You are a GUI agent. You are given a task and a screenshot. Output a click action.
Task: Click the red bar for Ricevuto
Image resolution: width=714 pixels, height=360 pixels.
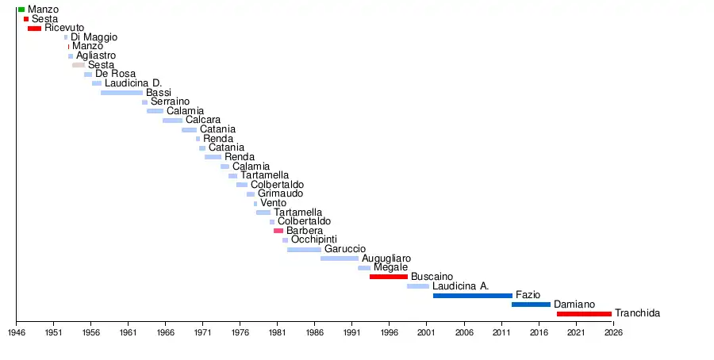tap(34, 29)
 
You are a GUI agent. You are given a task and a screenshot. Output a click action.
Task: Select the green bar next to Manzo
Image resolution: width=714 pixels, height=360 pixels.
tap(21, 10)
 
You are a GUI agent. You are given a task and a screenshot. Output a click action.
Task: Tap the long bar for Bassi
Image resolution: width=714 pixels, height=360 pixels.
tap(121, 93)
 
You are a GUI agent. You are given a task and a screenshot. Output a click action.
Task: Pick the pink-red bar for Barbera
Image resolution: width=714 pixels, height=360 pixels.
tap(278, 231)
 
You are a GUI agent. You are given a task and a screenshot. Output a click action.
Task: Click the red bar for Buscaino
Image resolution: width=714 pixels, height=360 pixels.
tap(389, 277)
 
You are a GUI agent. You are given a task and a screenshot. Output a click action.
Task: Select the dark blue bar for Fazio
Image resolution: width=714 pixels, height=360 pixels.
tap(473, 295)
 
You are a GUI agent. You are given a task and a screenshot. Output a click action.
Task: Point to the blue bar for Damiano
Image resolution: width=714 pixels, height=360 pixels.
tap(531, 304)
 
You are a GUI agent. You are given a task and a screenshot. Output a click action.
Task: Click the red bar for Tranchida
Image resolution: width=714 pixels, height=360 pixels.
tap(584, 314)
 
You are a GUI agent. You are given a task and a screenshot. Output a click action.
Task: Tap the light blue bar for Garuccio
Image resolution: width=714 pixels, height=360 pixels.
tap(304, 249)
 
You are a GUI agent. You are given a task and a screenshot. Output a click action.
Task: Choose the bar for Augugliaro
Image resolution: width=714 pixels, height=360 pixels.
tap(340, 259)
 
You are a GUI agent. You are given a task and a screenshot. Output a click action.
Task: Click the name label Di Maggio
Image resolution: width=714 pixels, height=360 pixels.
tap(94, 37)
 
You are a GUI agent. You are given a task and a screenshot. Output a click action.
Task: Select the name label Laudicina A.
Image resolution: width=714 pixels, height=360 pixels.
tap(460, 285)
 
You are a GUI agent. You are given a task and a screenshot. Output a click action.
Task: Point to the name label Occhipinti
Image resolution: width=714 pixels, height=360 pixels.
tap(314, 239)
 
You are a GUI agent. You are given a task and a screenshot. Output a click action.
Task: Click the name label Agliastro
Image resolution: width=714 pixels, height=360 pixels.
tap(96, 56)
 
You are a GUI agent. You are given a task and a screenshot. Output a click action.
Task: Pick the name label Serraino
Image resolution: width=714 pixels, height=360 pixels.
tap(170, 101)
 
